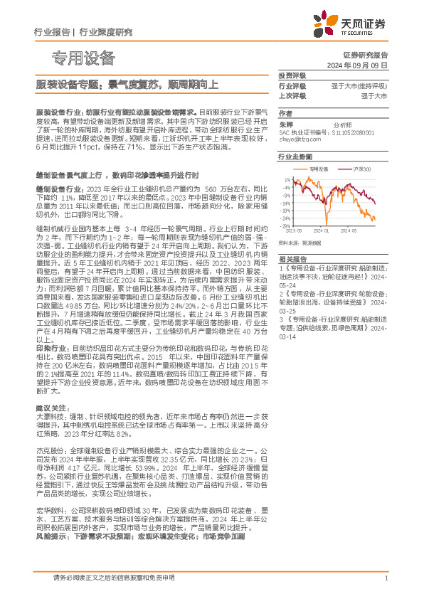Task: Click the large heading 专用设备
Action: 84,58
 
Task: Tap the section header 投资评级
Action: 292,75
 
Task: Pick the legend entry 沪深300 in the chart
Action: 362,169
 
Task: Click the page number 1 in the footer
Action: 385,578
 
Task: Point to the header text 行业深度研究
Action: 105,32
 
